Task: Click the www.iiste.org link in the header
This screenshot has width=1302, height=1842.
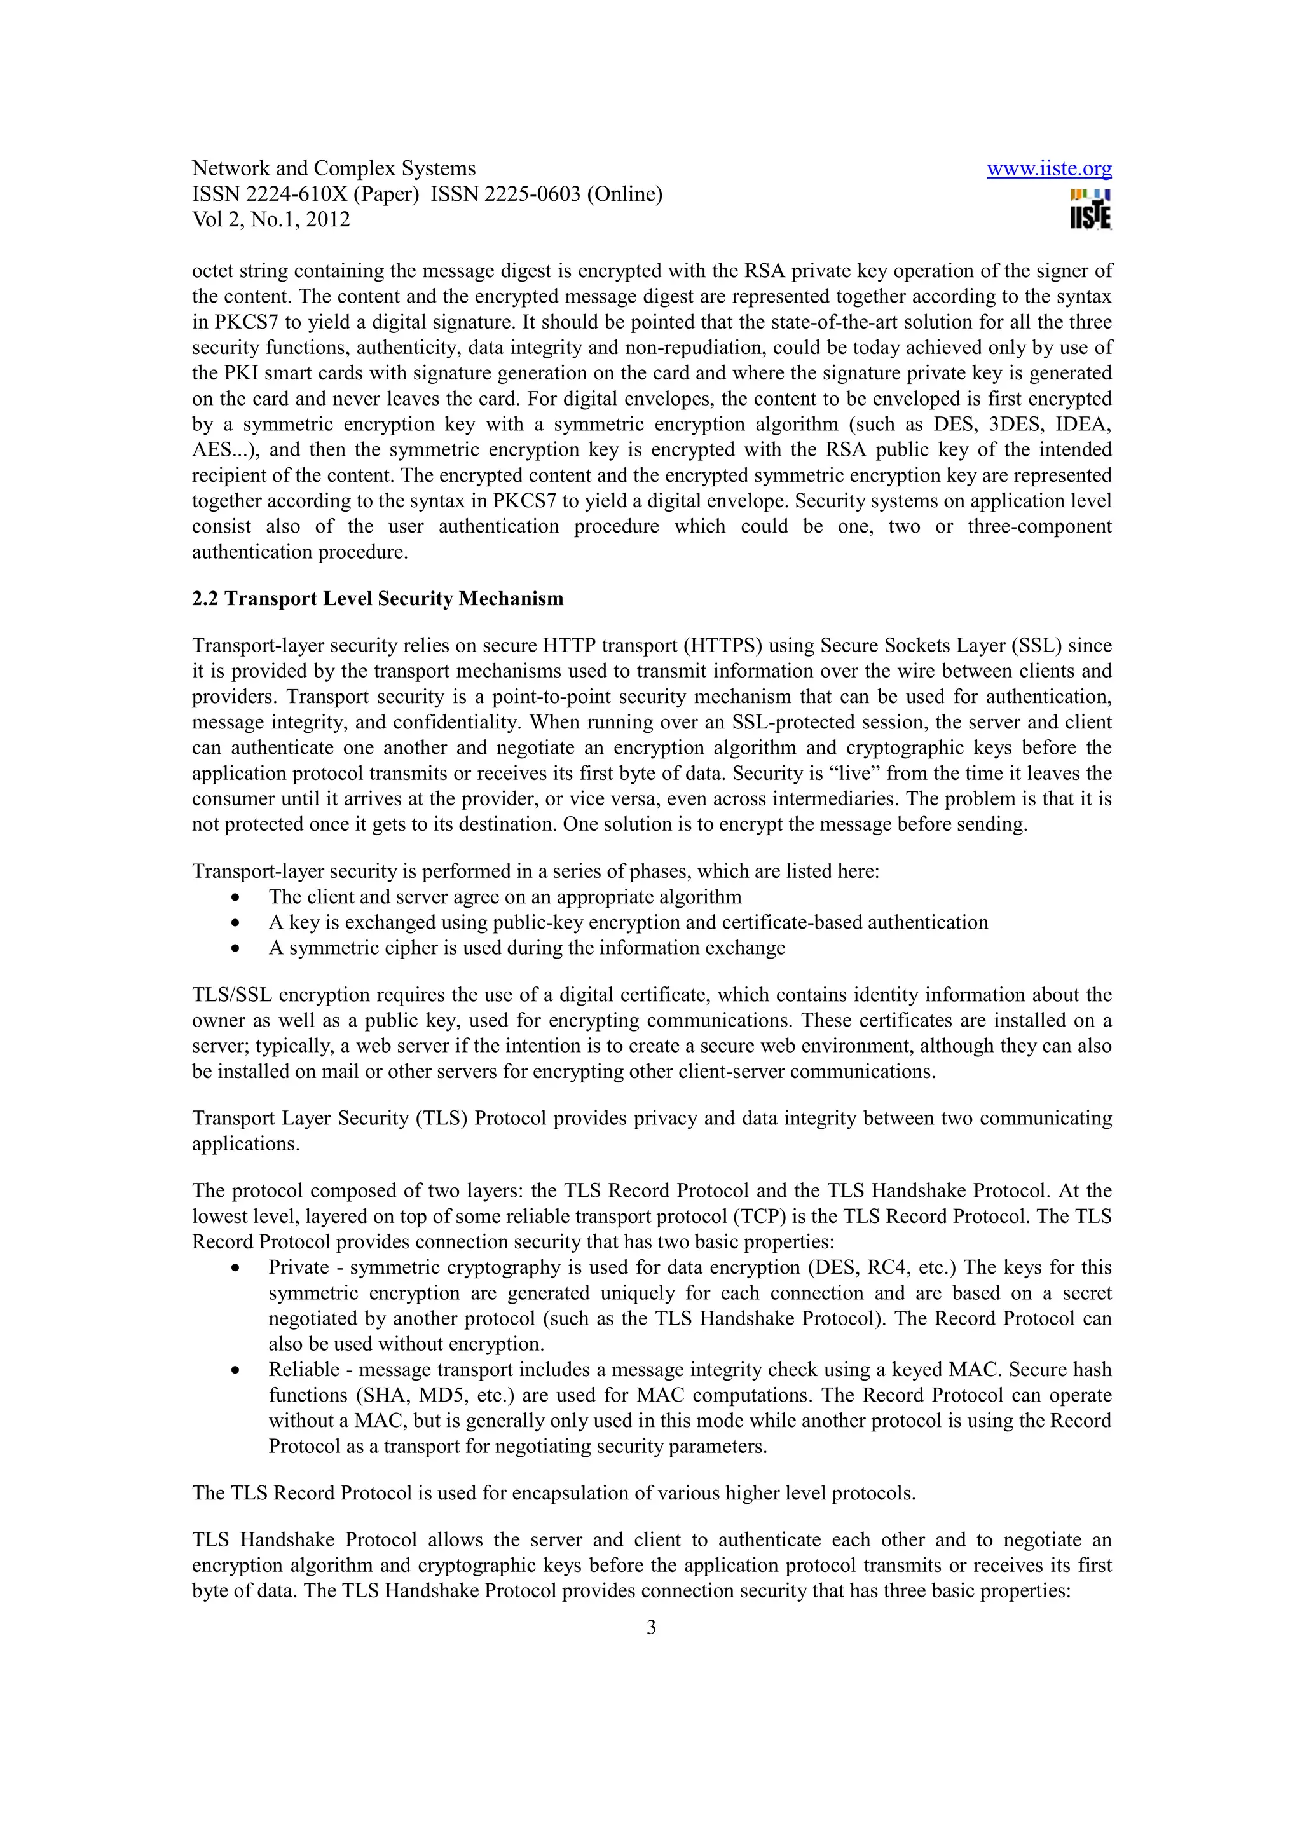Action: [1048, 168]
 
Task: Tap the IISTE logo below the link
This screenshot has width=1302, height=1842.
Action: [1090, 209]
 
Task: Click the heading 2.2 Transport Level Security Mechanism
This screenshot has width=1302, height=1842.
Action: [377, 599]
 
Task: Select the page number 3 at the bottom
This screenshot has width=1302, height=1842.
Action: [650, 1627]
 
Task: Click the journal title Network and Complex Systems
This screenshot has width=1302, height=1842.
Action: [333, 168]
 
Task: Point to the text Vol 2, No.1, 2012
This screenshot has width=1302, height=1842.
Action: [271, 220]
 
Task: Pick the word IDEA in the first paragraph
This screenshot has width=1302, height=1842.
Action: [1084, 425]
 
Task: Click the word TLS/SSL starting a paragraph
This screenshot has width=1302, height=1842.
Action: [232, 995]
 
